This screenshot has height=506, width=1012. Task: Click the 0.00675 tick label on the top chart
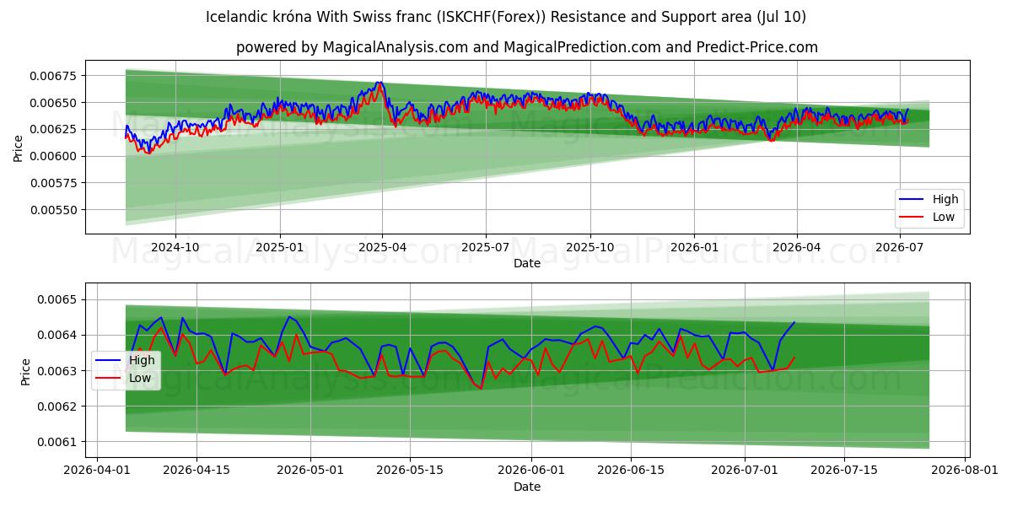53,76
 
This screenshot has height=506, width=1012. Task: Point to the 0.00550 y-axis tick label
53,210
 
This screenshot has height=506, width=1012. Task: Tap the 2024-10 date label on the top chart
175,248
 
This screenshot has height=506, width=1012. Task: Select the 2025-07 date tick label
485,248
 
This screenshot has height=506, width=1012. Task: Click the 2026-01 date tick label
694,248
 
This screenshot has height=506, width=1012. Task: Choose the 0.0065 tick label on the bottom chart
57,300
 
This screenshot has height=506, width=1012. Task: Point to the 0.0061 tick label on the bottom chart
57,442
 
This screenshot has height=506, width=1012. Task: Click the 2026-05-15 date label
410,471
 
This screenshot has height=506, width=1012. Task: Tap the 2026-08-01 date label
965,471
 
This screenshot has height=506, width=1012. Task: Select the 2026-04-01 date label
97,471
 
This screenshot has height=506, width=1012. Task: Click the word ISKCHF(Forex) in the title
489,17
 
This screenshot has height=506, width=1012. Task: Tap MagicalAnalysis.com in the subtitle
395,47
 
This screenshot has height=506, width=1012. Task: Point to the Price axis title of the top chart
18,148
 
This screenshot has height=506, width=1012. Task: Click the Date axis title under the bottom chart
527,487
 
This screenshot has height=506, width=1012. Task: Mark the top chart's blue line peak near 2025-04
380,82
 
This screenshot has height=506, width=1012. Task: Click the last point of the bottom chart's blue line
794,322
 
